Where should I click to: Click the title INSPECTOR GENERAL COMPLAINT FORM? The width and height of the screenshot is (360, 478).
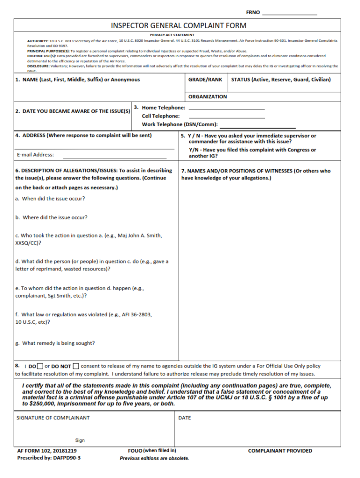[x=179, y=25]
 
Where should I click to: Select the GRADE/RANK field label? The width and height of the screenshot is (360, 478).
[x=205, y=80]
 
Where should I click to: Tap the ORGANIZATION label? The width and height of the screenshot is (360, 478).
[x=207, y=97]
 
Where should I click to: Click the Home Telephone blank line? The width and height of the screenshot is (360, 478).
[x=226, y=108]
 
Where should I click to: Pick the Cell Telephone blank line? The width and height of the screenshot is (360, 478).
[x=226, y=117]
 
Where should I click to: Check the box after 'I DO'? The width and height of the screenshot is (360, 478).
[x=40, y=366]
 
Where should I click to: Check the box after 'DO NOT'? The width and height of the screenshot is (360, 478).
[x=76, y=366]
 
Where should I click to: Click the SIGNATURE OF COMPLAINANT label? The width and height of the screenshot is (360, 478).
[x=53, y=418]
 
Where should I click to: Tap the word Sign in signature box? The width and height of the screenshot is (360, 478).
[x=80, y=441]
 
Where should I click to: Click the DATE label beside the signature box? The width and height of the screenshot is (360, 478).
[x=185, y=418]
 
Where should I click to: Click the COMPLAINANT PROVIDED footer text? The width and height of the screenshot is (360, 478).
[x=280, y=451]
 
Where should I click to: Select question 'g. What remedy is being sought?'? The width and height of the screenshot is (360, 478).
[x=55, y=343]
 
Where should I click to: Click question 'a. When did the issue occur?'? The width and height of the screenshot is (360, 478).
[x=50, y=198]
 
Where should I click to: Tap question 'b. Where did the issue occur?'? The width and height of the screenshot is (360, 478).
[x=51, y=217]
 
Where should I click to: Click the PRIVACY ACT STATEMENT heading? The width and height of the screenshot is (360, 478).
[x=172, y=35]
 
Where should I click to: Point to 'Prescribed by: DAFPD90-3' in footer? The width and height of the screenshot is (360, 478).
[x=49, y=458]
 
